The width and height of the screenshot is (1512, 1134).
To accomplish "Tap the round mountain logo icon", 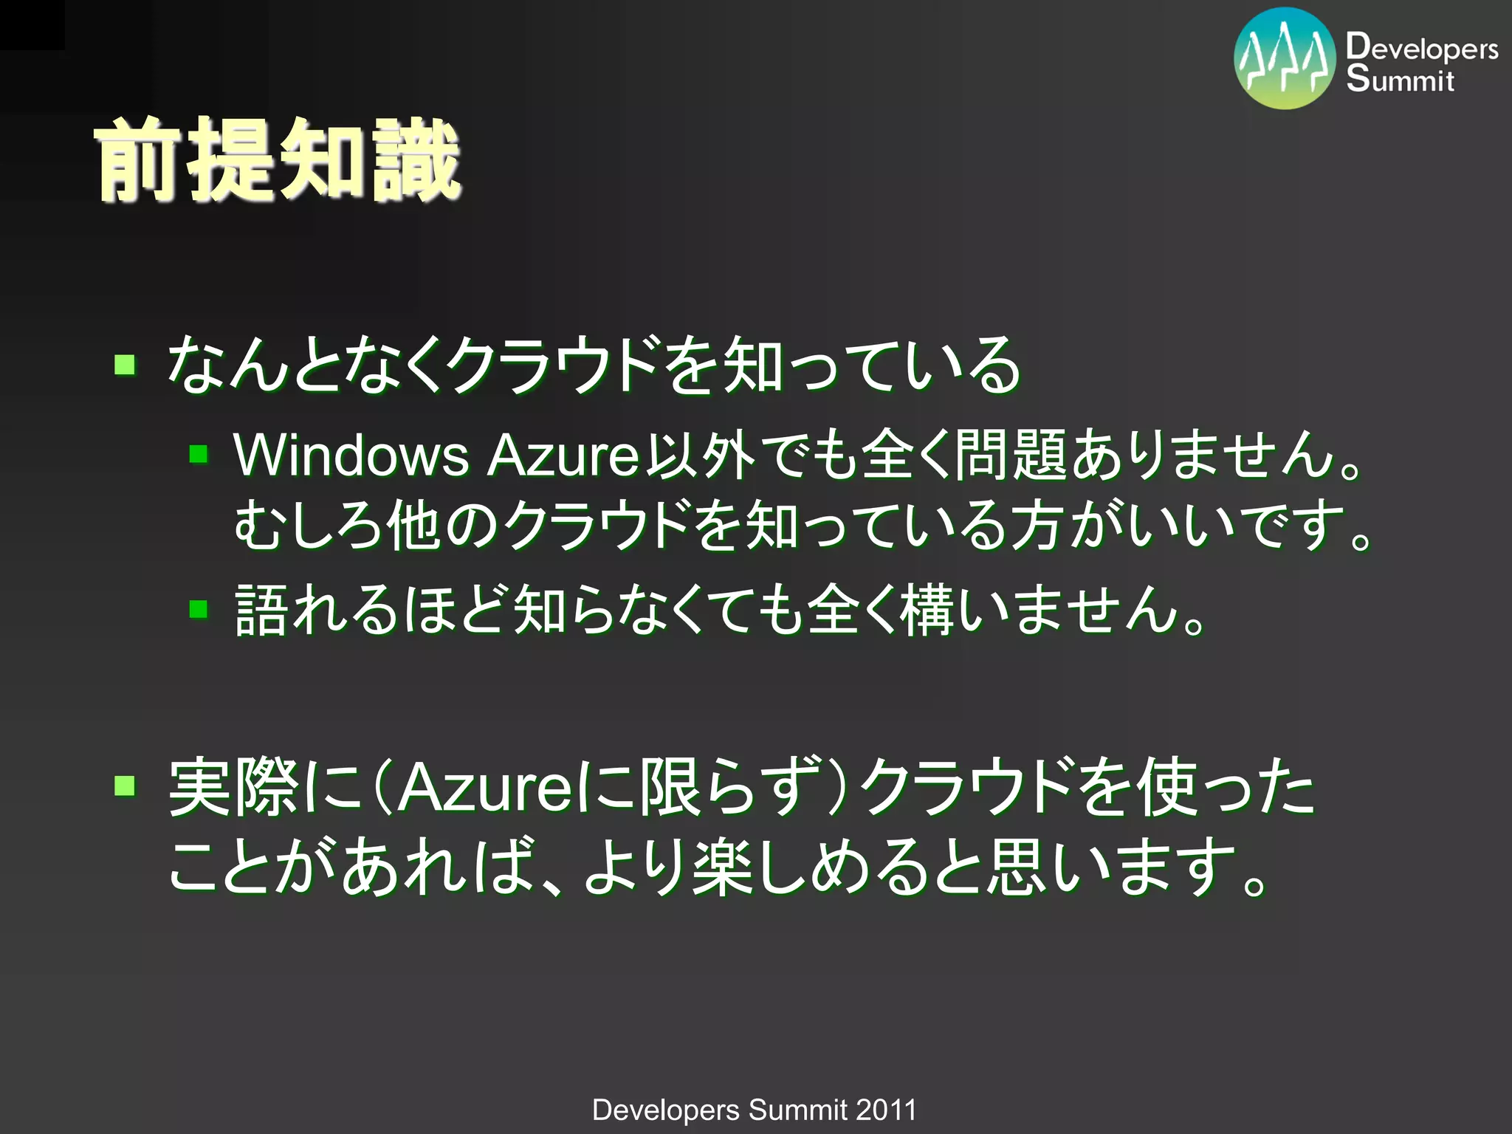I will [1285, 59].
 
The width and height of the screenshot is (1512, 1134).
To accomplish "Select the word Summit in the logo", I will [1400, 79].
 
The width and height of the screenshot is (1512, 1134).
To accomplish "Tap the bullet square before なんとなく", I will [125, 364].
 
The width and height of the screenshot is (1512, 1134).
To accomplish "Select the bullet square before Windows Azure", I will [199, 453].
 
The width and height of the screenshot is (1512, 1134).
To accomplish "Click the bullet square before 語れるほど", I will [199, 609].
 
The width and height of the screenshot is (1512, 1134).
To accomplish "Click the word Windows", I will [351, 455].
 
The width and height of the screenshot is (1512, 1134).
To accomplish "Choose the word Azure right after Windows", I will [563, 455].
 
